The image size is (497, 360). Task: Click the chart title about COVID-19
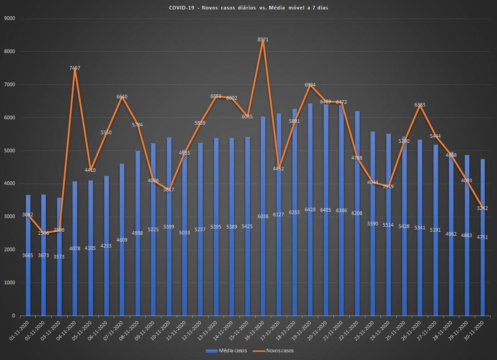(248, 8)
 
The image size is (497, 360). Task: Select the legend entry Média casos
(226, 350)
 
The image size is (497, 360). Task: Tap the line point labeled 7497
(75, 68)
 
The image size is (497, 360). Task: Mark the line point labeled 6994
(310, 85)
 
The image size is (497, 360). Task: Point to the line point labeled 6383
(420, 105)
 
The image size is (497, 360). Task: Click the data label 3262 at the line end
(482, 208)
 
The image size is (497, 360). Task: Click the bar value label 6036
(263, 216)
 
